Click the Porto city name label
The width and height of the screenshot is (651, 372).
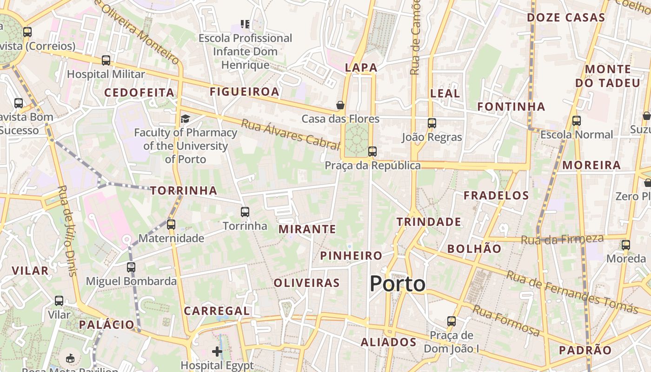398,284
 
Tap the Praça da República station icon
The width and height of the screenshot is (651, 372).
372,152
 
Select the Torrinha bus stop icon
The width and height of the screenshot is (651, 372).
245,212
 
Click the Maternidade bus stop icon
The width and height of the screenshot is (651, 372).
171,225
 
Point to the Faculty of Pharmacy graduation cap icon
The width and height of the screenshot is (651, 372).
185,119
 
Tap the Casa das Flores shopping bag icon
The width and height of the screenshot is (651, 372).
340,105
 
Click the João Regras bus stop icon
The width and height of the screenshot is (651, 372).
432,123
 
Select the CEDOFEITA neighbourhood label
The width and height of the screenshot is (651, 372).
139,93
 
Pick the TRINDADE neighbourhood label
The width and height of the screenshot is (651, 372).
429,222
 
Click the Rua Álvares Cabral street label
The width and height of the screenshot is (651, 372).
291,134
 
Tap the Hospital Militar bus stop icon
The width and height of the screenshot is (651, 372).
106,60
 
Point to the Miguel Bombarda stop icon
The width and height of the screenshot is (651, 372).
131,267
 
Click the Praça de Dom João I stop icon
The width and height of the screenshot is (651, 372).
451,321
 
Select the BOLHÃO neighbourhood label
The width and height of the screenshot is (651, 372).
474,249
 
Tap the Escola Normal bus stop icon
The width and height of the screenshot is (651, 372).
577,121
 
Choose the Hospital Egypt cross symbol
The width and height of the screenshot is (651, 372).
217,351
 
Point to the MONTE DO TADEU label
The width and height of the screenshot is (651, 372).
608,76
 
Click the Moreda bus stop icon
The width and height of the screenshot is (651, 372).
626,245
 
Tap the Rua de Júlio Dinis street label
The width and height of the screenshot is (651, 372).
68,231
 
